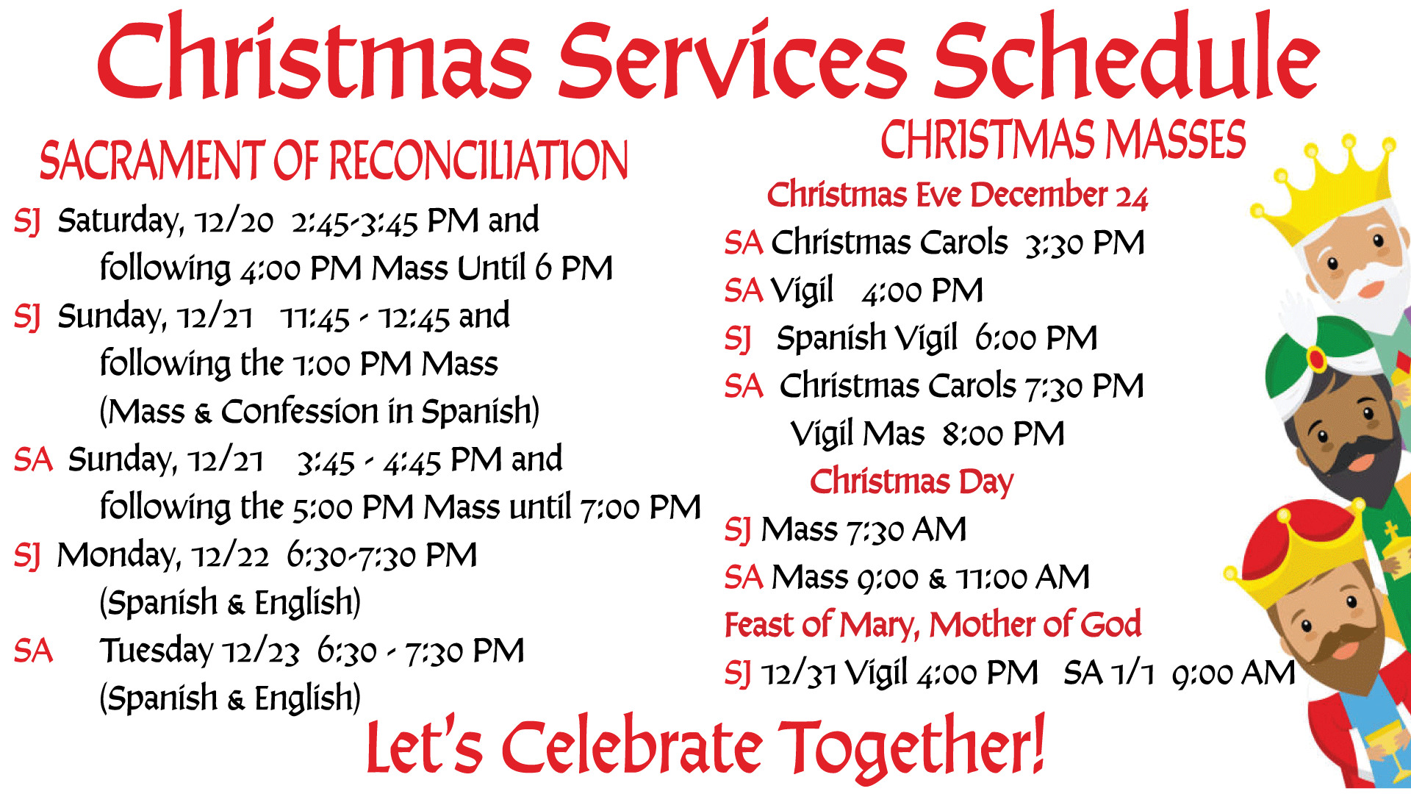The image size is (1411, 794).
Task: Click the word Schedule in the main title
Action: (1127, 56)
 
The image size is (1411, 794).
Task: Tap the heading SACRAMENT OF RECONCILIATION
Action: (334, 160)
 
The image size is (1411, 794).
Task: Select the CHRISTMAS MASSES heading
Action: (1063, 140)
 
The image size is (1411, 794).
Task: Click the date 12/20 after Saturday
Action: (234, 221)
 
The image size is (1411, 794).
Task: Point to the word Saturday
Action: (121, 221)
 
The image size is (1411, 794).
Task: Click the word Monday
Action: (118, 556)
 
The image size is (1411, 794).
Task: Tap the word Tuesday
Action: (157, 651)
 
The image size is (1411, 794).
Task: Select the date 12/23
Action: (262, 652)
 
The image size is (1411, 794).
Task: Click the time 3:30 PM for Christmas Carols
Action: (1085, 243)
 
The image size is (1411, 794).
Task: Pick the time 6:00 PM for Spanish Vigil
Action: (1036, 339)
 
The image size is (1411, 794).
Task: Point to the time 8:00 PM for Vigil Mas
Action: (1003, 434)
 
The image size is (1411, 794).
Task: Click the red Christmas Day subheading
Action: (911, 482)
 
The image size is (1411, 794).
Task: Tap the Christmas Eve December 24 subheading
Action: (957, 196)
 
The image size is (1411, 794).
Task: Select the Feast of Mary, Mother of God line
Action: (933, 626)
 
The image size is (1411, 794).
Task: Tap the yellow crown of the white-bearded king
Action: (1323, 191)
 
